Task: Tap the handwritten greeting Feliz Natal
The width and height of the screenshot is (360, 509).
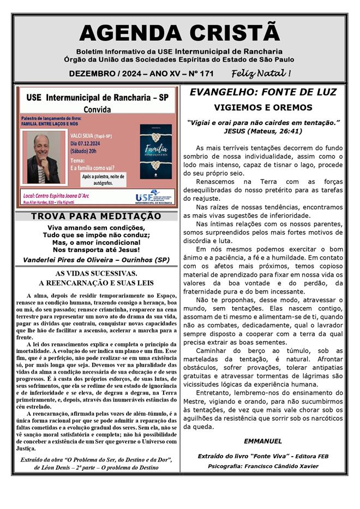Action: [261, 73]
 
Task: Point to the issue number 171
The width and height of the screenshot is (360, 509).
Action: [206, 74]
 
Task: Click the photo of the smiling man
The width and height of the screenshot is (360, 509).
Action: [44, 159]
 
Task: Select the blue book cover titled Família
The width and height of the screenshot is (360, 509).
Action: [155, 154]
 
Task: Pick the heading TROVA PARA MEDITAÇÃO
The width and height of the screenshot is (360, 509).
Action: [96, 216]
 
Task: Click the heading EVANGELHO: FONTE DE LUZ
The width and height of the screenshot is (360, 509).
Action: [263, 92]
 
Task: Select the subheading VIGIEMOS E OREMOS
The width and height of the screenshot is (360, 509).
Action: [263, 107]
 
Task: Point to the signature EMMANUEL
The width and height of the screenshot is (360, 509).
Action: [263, 441]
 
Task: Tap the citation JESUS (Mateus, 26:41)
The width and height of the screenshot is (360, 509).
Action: [262, 131]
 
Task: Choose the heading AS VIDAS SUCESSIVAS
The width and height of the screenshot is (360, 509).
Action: [96, 273]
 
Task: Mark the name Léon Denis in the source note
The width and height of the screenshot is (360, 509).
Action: [58, 468]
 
